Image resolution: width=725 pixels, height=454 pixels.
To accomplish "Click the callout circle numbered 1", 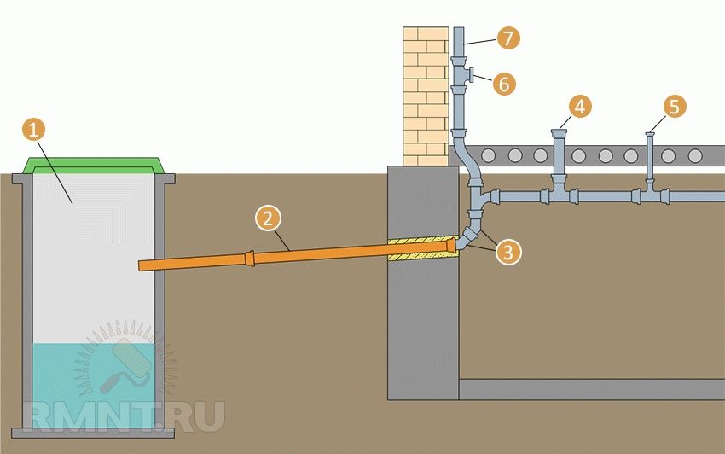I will tap(33, 130).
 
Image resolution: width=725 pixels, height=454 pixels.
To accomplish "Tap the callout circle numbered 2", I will tap(267, 218).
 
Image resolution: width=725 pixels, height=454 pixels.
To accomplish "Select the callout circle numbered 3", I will tap(508, 251).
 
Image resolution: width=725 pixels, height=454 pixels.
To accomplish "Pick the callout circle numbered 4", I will tap(580, 107).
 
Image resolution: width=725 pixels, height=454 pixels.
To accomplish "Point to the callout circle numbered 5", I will tap(675, 107).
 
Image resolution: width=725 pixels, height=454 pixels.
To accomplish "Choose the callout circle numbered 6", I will tap(504, 83).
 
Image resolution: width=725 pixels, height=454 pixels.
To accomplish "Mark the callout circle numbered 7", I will tap(508, 38).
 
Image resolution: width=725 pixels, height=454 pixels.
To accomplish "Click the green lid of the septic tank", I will tap(94, 164).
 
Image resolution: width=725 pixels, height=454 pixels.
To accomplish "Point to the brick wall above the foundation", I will tap(425, 94).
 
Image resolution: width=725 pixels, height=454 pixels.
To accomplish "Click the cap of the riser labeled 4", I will tap(560, 132).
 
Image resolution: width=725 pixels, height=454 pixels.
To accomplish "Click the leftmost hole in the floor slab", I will tap(490, 155).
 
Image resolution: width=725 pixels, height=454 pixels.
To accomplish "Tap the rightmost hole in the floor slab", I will tap(695, 155).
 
